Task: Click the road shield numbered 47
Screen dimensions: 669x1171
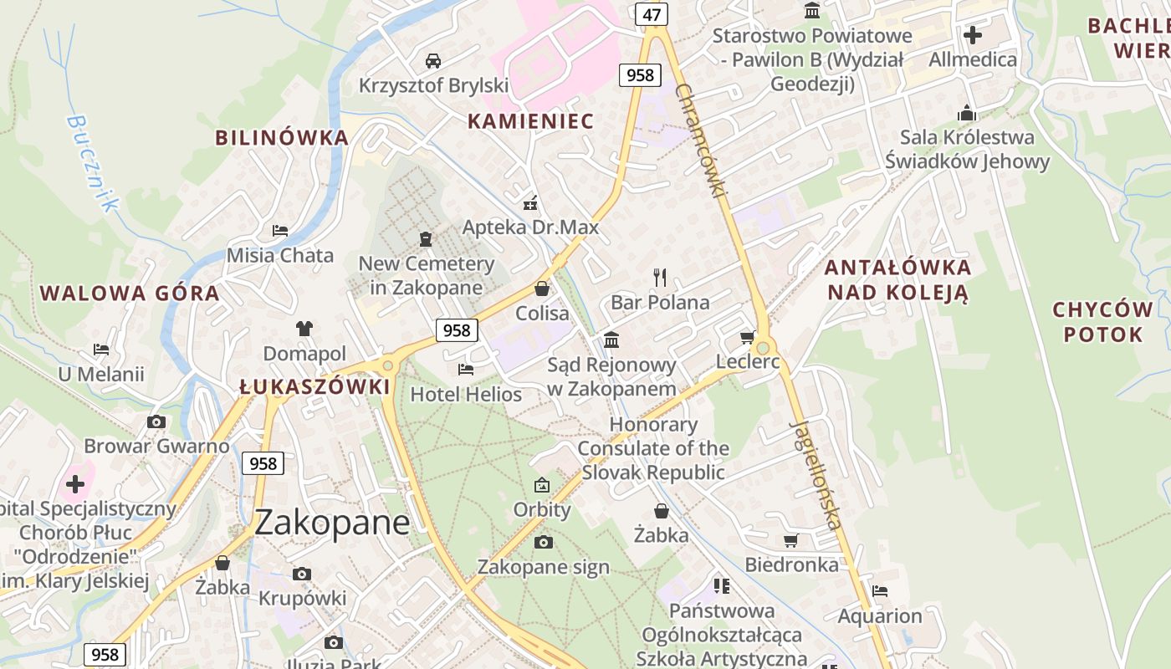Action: pos(652,14)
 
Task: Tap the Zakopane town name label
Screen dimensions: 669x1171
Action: pos(332,523)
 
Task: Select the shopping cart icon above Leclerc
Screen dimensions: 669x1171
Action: pos(747,338)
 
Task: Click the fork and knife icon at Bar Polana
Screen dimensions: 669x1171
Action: pos(660,277)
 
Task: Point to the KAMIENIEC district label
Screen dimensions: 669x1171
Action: pos(530,121)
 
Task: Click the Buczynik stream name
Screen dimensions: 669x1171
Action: pos(91,162)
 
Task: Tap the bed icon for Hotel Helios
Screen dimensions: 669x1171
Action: pos(466,369)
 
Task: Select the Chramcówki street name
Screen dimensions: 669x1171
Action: pos(699,140)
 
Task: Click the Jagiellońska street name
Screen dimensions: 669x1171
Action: pos(815,474)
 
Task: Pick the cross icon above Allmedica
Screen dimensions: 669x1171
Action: pos(973,35)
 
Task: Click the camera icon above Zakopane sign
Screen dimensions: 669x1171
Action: pos(543,543)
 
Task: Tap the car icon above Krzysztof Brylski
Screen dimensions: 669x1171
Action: pos(433,60)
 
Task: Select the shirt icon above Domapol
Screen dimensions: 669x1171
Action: pos(304,329)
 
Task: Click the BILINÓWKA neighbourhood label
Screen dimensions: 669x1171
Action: pos(281,138)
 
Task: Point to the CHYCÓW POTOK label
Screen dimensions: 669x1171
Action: pos(1102,322)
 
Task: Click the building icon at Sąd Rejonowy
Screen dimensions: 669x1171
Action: pos(611,340)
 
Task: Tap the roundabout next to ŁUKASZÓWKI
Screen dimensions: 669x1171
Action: pos(386,365)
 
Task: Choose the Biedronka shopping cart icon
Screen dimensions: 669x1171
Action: pos(790,540)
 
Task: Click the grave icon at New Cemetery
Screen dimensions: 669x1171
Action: pos(426,239)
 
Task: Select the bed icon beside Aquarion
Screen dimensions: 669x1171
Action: pos(879,591)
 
